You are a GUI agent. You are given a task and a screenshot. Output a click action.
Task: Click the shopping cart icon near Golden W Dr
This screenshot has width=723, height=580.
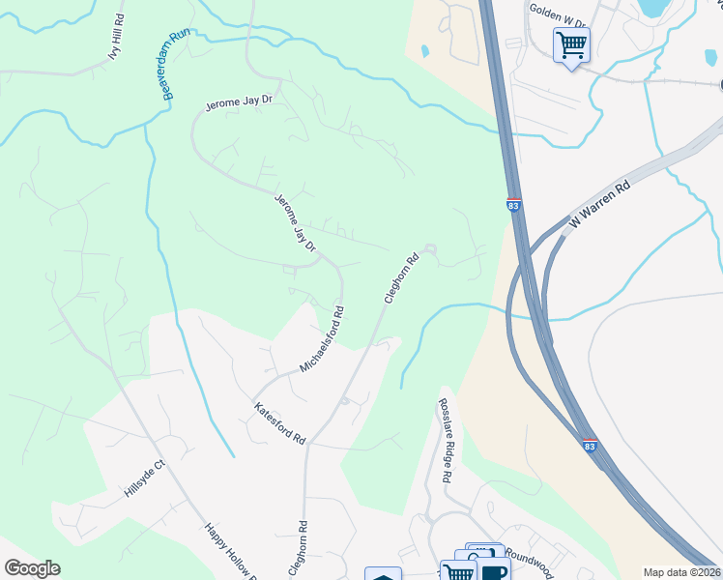571,44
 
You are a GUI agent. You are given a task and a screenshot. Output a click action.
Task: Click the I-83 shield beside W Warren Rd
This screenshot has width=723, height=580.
512,206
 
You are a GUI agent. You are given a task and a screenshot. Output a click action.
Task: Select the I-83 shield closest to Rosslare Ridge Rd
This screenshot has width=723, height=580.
590,444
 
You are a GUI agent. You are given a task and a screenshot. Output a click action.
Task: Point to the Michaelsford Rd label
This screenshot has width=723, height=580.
323,339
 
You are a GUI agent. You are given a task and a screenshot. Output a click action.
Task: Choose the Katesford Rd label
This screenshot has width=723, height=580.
279,424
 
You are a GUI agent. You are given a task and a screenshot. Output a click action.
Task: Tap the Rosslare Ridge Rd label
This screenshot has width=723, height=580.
445,440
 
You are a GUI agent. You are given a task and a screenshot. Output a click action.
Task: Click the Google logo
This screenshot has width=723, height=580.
32,568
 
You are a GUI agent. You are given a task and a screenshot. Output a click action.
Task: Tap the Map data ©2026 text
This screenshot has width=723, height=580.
681,572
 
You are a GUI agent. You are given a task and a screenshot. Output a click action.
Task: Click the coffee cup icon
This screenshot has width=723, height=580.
493,571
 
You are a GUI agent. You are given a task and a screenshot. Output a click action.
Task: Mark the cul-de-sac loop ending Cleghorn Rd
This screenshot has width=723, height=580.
431,251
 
